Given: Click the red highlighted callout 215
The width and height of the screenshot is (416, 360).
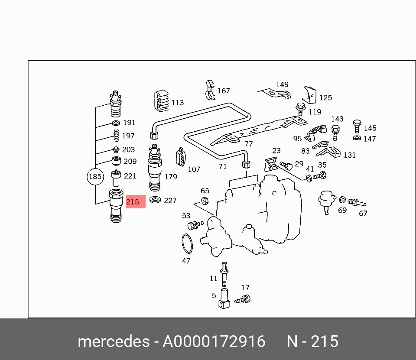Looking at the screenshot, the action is pos(135,202).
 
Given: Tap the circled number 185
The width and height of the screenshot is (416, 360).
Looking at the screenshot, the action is pos(95,177).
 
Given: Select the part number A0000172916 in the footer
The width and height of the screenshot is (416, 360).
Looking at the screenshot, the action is pos(214,342).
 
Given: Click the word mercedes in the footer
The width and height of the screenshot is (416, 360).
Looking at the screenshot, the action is pos(114,342).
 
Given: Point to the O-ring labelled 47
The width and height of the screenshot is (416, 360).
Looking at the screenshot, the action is pos(187,243).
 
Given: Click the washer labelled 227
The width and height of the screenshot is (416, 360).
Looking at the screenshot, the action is pos(155,200).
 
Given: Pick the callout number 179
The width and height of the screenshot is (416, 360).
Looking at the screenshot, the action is pos(170,177).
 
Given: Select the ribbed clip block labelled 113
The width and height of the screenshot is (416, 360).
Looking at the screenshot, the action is pos(162,102).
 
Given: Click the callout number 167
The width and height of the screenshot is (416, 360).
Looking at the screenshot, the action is pos(224,91).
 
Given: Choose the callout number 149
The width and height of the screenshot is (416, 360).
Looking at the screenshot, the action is pos(282,84).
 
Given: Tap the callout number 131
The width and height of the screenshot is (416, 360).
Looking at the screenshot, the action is pos(349,155).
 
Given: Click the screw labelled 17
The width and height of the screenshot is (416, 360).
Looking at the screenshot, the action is pos(243,299).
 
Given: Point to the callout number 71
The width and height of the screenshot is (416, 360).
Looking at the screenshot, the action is pos(222,167).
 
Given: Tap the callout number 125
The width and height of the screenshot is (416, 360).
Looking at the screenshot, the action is pos(325,98).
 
